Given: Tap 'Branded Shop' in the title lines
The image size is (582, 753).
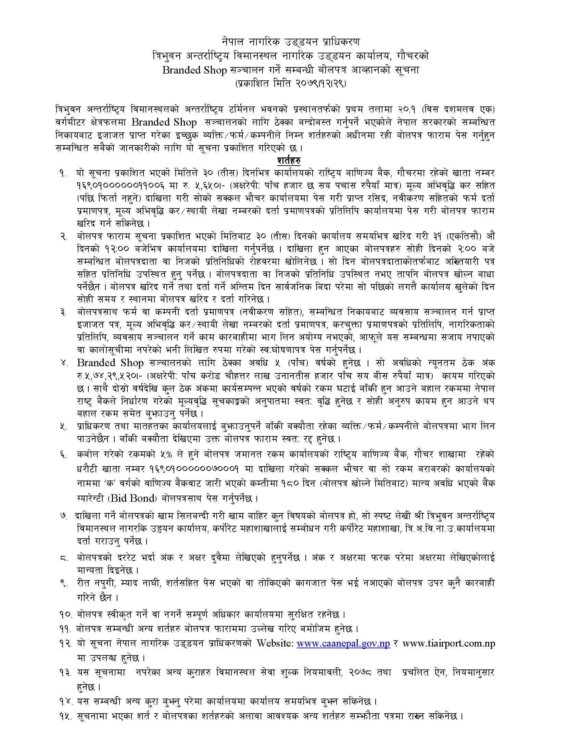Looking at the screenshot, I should [194, 70].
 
